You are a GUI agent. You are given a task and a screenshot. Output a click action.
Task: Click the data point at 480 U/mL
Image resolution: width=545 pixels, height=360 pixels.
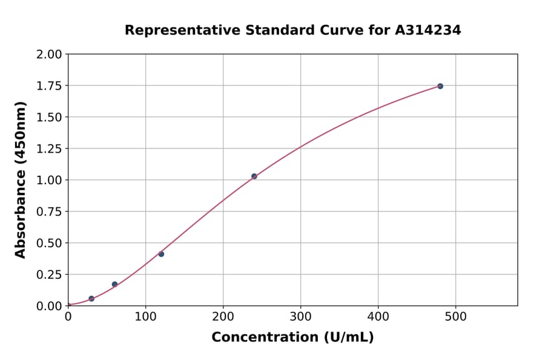click(440, 86)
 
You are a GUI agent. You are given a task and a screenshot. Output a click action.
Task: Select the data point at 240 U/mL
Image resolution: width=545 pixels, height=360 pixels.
click(254, 176)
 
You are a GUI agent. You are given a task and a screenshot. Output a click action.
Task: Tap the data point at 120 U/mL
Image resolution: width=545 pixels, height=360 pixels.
click(161, 254)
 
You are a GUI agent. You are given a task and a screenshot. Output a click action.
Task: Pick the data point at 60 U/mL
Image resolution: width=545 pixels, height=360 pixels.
click(114, 284)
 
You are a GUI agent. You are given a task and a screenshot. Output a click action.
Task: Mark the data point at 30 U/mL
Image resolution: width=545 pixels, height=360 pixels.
click(91, 299)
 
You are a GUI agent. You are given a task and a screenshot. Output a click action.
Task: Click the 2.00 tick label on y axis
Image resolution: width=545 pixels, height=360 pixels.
click(49, 55)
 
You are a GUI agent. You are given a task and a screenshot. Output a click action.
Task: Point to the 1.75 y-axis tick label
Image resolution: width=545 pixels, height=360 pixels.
click(49, 86)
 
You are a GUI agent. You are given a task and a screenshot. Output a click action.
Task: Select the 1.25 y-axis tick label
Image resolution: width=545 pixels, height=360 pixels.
click(49, 149)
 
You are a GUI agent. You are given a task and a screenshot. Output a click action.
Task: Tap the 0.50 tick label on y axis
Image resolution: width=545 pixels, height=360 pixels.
click(49, 243)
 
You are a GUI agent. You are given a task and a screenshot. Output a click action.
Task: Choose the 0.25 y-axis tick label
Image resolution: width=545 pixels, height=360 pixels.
click(49, 275)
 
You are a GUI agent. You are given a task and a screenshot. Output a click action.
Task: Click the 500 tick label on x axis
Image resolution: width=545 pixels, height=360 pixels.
click(455, 316)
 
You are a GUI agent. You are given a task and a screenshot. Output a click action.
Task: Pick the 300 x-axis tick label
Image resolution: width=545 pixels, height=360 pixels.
click(300, 316)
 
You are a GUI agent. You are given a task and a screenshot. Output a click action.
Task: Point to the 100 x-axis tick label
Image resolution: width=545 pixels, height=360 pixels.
click(145, 316)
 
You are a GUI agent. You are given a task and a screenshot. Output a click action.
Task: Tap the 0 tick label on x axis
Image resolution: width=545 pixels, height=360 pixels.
click(68, 316)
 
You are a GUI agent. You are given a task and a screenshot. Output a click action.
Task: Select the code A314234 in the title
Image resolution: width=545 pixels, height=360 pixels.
click(428, 30)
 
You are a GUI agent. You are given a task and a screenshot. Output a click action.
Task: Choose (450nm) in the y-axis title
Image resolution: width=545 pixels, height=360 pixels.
click(21, 132)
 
